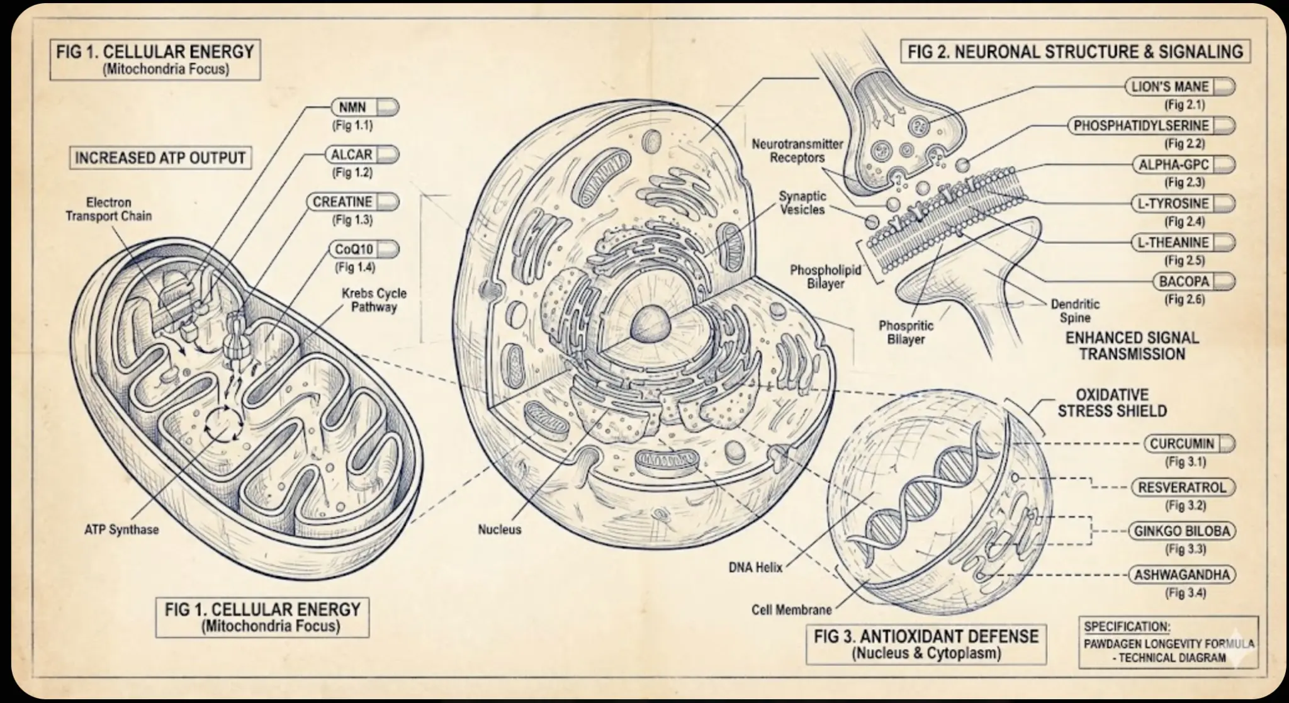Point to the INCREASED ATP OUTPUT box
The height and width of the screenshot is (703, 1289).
tap(160, 157)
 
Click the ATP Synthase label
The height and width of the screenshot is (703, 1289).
tap(121, 529)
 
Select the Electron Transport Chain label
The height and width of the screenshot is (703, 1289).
tap(108, 209)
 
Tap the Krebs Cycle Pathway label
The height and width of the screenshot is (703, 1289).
tap(374, 300)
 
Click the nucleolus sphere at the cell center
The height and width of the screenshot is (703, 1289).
tap(653, 325)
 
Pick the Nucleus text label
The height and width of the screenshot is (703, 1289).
tap(499, 529)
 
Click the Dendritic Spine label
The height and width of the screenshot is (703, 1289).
tap(1075, 311)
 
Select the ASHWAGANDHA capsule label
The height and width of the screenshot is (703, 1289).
tap(1182, 575)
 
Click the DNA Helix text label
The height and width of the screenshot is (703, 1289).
tap(755, 567)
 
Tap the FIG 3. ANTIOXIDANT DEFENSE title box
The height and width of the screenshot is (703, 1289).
tap(926, 644)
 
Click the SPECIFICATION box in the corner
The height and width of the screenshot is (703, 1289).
tap(1169, 643)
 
